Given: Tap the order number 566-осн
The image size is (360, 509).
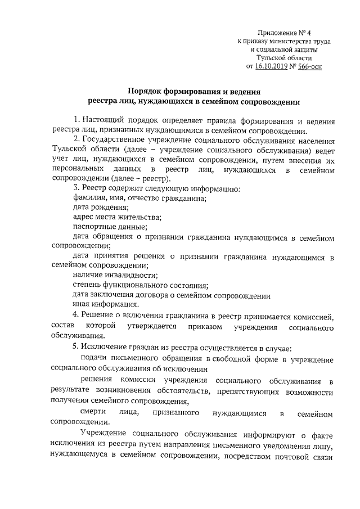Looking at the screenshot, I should (x=310, y=66).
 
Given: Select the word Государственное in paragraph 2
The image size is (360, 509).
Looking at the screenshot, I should (x=114, y=140).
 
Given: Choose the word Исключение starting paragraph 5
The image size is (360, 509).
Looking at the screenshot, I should (x=103, y=347).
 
